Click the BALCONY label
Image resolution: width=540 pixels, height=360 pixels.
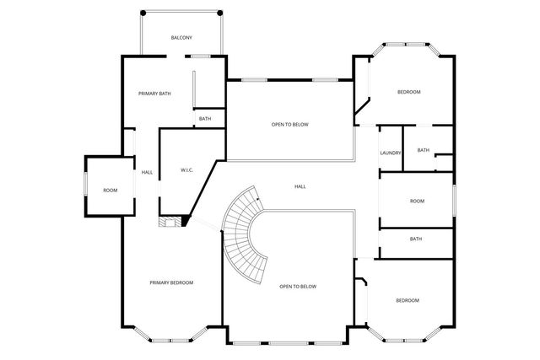[x=181, y=37]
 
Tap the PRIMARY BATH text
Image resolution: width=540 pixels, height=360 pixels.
[x=154, y=94]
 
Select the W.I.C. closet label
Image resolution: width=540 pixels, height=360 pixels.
[x=187, y=170]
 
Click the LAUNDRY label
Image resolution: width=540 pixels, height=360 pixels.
[x=391, y=153]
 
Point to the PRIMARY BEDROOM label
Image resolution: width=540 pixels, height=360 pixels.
[x=171, y=282]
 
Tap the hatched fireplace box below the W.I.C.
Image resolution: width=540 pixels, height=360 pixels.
[x=170, y=221]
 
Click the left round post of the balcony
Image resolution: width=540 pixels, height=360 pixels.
[x=143, y=13]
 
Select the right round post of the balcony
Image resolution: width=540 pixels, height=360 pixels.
[x=220, y=13]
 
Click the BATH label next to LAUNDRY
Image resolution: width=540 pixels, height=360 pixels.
[x=424, y=150]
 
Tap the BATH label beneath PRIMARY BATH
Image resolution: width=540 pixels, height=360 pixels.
[x=205, y=119]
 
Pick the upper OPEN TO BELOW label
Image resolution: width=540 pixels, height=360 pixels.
[x=290, y=124]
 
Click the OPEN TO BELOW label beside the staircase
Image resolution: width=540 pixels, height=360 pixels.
[x=298, y=287]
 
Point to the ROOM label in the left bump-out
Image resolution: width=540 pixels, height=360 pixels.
[x=111, y=191]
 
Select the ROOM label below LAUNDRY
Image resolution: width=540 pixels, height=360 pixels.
[x=417, y=201]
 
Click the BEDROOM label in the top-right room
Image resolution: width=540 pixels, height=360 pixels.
[x=408, y=92]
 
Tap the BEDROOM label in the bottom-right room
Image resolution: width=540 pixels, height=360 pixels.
[x=408, y=300]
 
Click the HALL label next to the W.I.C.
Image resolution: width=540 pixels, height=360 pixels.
[x=147, y=173]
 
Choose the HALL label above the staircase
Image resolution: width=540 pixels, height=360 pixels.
[x=300, y=186]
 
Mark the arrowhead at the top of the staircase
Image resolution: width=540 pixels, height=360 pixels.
[x=258, y=199]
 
